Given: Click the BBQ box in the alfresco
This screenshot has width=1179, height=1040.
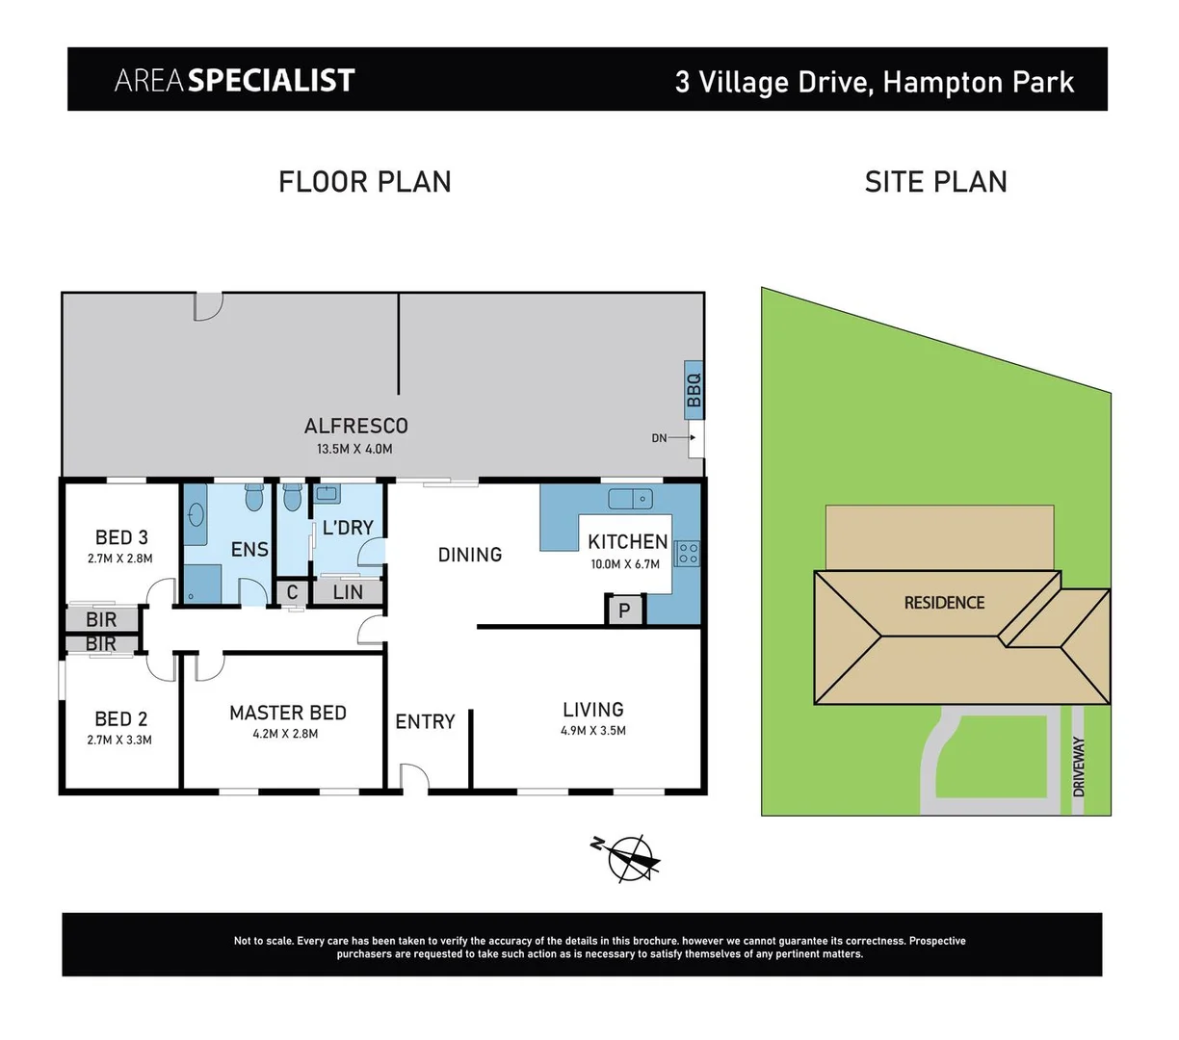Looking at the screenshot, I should (x=694, y=390).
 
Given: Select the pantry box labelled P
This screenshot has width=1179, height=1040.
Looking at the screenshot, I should (x=624, y=611).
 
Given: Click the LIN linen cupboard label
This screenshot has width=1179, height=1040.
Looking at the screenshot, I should (x=348, y=592).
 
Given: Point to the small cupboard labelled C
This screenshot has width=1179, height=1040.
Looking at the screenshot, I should (x=293, y=592).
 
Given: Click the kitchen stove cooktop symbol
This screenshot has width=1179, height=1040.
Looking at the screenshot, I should (x=688, y=553).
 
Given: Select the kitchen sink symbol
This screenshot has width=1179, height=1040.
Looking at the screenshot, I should (x=631, y=499).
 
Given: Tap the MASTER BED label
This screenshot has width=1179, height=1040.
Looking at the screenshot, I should (x=288, y=713).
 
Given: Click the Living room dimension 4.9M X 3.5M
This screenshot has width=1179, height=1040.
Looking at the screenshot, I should (x=593, y=731).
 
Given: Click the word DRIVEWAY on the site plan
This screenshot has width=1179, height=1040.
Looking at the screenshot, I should (x=1079, y=767).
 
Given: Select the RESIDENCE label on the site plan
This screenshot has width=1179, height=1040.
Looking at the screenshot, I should (x=944, y=603).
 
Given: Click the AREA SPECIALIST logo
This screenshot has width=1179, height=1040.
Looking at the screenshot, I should (x=235, y=81).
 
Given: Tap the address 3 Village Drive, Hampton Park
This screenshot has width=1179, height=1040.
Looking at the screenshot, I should (x=875, y=82).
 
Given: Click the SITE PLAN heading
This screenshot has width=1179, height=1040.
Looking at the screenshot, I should (x=935, y=182).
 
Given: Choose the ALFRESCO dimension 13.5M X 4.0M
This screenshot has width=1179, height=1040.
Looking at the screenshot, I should (x=354, y=449).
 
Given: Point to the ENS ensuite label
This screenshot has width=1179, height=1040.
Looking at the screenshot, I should (x=249, y=549).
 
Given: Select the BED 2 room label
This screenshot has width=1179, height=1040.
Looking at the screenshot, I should (x=121, y=718).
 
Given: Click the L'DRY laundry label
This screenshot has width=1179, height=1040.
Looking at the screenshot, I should (x=348, y=528).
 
